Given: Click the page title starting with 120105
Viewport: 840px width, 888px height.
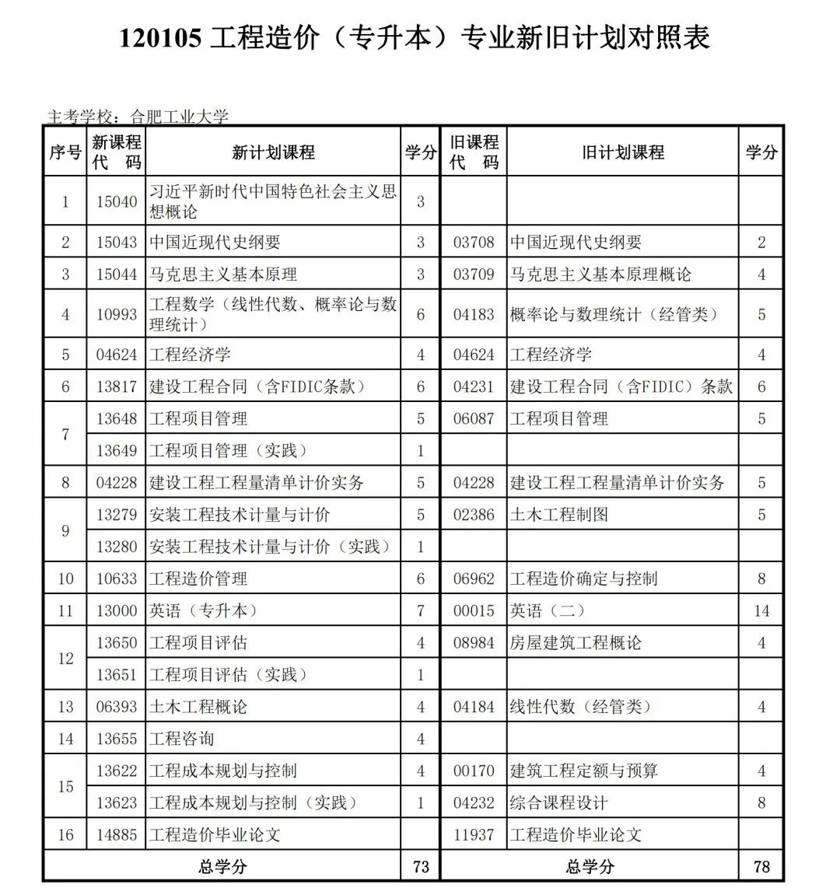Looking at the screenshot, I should pos(415,38).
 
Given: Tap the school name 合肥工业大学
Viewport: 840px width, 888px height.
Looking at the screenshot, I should pos(180,117).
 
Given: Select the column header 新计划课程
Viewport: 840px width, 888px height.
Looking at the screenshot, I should pos(273,152).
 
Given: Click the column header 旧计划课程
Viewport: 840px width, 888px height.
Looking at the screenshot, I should pos(623,152).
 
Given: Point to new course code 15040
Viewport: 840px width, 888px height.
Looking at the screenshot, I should pos(117,201).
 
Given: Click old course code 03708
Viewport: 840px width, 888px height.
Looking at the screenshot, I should pos(474,243).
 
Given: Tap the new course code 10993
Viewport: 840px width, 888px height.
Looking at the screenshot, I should pos(117,314).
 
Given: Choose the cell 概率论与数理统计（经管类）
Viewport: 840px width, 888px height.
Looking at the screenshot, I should pos(614,314).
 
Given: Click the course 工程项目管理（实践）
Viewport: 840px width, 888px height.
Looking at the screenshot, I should pos(229,451).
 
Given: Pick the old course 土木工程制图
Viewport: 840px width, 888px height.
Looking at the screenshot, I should pos(559,515).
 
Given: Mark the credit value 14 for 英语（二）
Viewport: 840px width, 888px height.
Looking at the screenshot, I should pos(761,611).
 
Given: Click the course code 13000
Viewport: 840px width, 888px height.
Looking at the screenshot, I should pos(117,611).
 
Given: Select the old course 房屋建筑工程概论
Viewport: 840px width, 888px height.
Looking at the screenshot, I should pos(576,643).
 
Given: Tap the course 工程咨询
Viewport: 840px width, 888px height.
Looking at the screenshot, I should pos(181,739).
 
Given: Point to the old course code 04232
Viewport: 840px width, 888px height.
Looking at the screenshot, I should pos(474,802).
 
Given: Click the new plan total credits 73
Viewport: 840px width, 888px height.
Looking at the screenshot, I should pos(421,866).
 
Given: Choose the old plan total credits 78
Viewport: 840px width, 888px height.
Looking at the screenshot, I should pos(761,866).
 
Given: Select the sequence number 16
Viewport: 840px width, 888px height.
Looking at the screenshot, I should pos(65,835).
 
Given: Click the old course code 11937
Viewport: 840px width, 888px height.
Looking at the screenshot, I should pos(474,835).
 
